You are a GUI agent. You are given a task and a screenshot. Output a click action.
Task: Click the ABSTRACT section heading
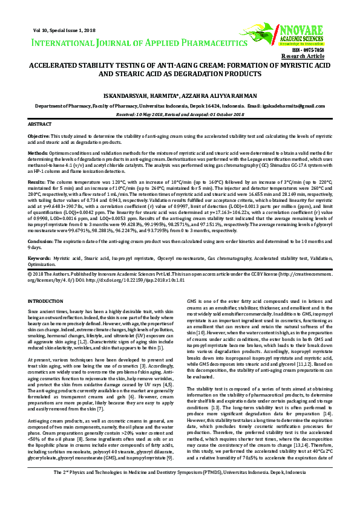point(40,123)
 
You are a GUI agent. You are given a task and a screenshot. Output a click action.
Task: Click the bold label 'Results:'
point(37,181)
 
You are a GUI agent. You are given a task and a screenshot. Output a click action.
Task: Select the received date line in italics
point(180,113)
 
